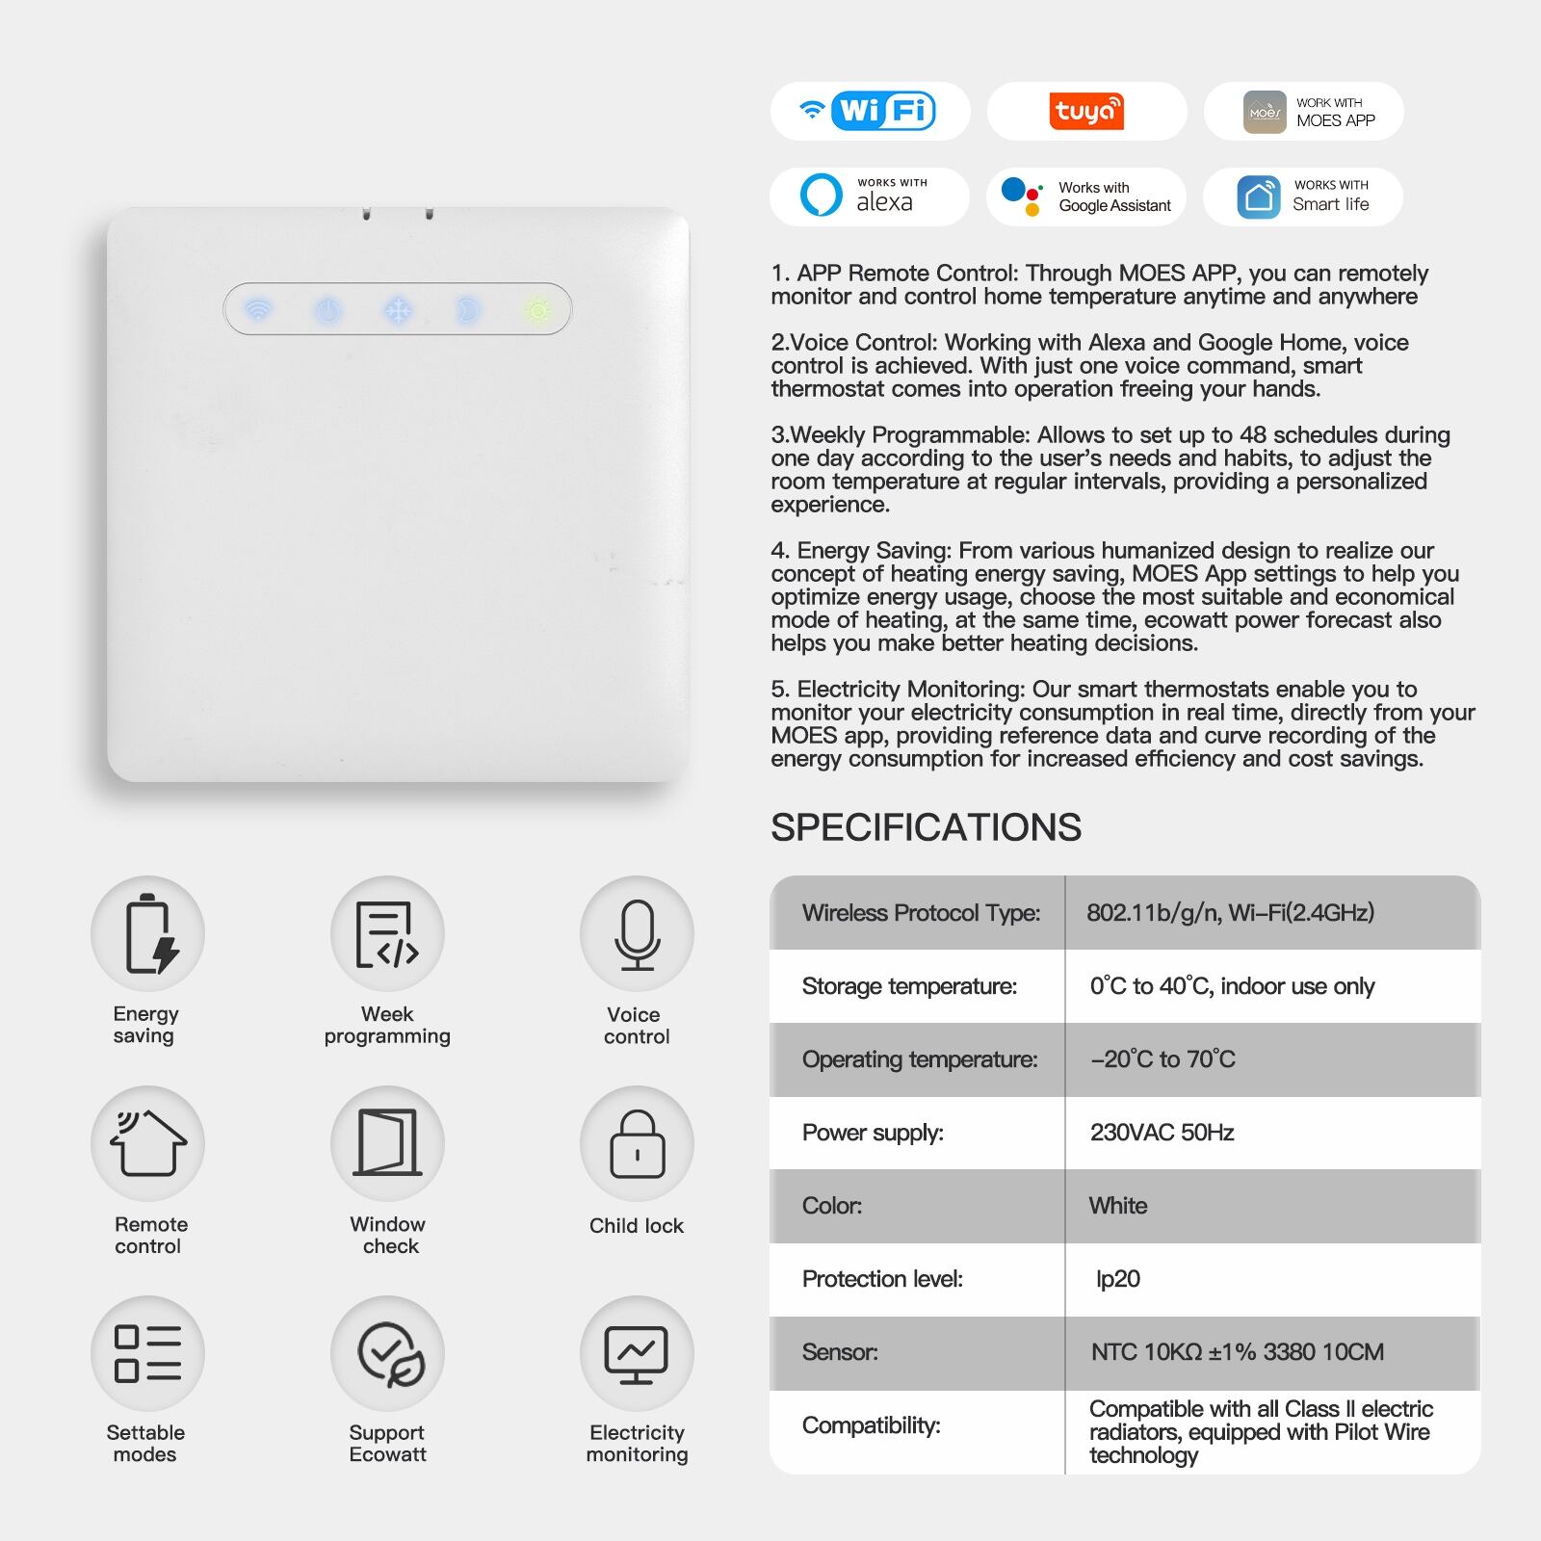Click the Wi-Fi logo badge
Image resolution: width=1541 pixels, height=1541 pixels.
click(870, 111)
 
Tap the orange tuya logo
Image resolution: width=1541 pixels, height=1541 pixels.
click(1086, 111)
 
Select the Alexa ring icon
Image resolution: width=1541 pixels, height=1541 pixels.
click(821, 196)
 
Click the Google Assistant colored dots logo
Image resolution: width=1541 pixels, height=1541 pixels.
click(1022, 196)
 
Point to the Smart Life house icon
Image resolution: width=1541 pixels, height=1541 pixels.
click(1258, 196)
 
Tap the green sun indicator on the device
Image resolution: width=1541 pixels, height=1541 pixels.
click(537, 310)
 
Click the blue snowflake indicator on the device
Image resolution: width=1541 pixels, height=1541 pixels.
click(398, 310)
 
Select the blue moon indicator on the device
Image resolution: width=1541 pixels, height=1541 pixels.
click(467, 310)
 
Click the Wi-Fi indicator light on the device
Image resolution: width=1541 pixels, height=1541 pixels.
click(258, 310)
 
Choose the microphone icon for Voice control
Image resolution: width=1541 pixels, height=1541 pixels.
click(637, 934)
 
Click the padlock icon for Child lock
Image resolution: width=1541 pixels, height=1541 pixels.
click(637, 1144)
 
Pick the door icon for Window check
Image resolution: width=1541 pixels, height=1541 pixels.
click(387, 1142)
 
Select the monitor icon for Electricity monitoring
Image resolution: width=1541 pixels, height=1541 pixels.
click(636, 1354)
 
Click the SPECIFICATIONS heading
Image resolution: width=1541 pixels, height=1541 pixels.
click(926, 827)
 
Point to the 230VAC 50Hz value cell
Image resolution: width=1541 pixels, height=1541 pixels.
click(1162, 1133)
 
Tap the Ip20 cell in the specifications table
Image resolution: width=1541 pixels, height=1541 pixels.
click(1117, 1279)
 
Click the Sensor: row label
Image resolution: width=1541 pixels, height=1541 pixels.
click(840, 1352)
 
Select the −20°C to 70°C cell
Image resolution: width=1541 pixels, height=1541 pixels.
click(1162, 1059)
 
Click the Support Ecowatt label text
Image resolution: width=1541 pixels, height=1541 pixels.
click(387, 1443)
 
